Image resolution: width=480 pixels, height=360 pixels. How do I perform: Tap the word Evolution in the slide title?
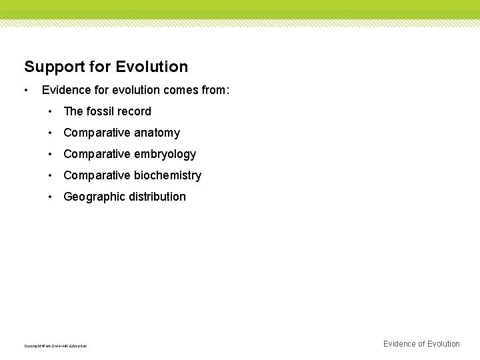pos(151,67)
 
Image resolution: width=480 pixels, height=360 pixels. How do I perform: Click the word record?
pos(135,111)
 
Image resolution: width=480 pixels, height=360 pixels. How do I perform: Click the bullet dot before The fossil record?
pos(51,111)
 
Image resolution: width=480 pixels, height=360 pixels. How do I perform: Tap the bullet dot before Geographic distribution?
pos(51,197)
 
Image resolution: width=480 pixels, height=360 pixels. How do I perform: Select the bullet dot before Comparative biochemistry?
pos(51,175)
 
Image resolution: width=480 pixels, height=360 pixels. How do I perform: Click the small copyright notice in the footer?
pos(55,346)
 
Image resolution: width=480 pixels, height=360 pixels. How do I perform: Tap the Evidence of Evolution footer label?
pos(421,344)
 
